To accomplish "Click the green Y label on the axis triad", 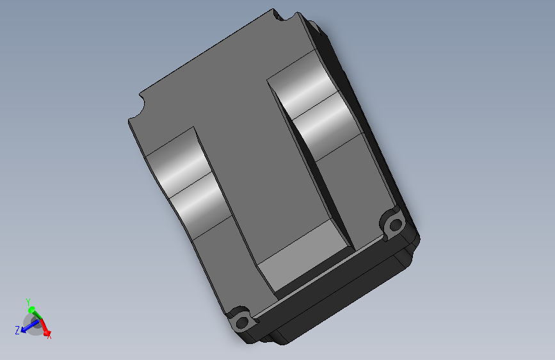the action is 28,302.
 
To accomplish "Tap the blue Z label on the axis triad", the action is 17,331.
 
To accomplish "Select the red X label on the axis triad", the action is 49,335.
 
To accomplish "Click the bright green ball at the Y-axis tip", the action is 31,310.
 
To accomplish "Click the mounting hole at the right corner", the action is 395,225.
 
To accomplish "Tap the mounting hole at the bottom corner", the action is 242,323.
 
